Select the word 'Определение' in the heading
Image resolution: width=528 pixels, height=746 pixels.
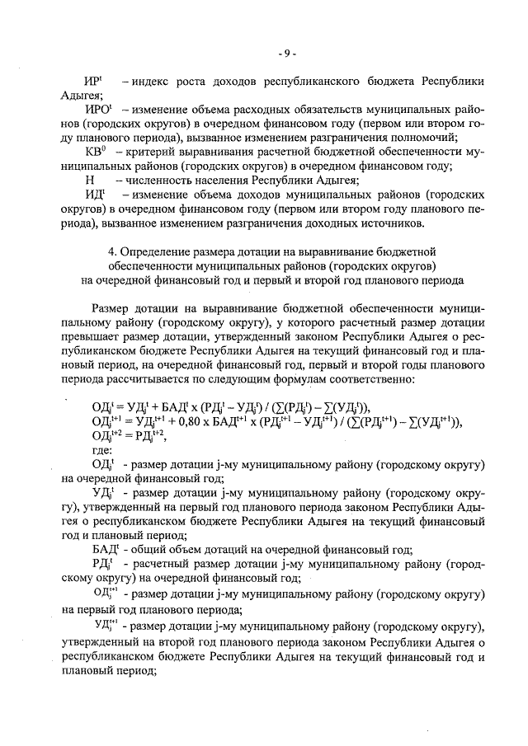tap(158, 251)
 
